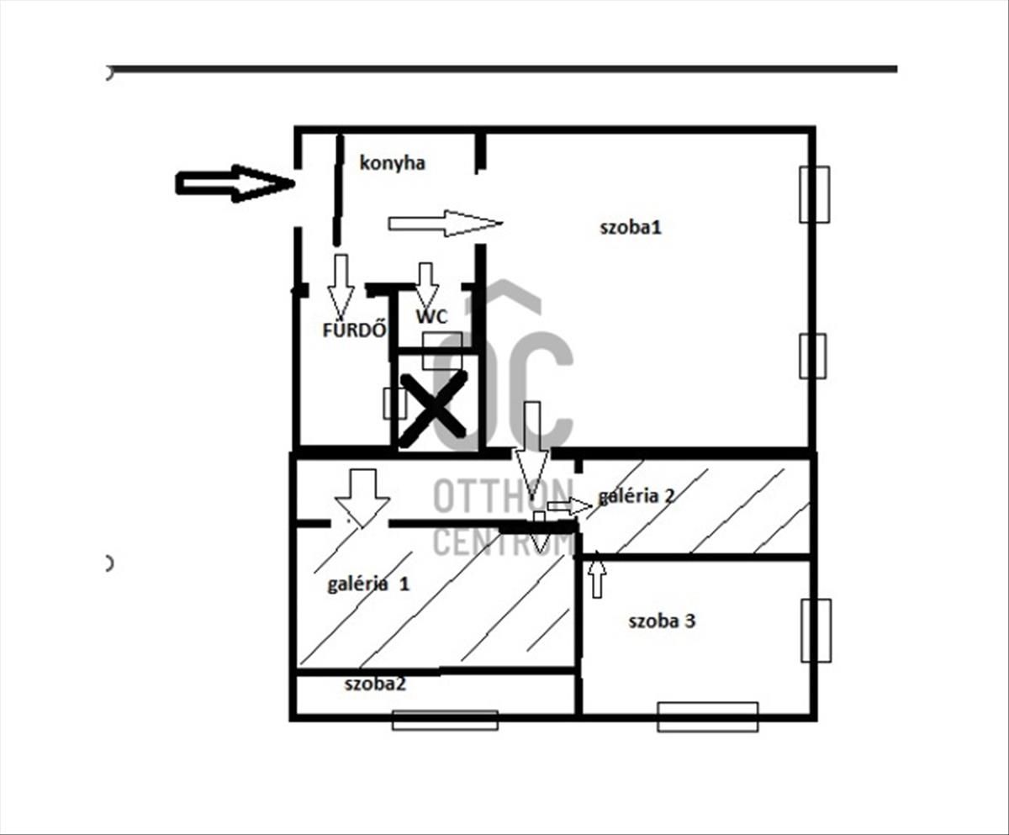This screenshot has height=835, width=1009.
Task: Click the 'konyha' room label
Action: (393, 164)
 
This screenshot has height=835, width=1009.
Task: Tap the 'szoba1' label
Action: (631, 227)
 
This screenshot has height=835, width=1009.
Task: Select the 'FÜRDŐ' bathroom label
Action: (355, 329)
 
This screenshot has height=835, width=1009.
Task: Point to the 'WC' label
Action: (431, 316)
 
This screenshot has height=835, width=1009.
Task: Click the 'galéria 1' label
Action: (368, 584)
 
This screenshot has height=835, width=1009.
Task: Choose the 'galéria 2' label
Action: (636, 496)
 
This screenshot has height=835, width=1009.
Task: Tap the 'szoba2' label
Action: (375, 684)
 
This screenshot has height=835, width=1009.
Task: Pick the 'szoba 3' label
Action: (662, 621)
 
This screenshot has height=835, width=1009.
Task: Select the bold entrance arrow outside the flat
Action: (235, 183)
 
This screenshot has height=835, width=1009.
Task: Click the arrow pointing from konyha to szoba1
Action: (445, 223)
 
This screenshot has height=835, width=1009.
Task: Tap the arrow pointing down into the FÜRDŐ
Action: (341, 287)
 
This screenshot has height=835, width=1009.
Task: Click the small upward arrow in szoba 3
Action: (597, 574)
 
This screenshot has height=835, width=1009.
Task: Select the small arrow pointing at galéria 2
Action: (569, 506)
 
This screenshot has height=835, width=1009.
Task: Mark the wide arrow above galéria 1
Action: (362, 498)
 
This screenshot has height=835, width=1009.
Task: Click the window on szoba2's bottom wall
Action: (445, 720)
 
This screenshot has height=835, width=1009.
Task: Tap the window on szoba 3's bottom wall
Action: (707, 717)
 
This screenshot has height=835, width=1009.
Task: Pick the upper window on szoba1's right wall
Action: (814, 194)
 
